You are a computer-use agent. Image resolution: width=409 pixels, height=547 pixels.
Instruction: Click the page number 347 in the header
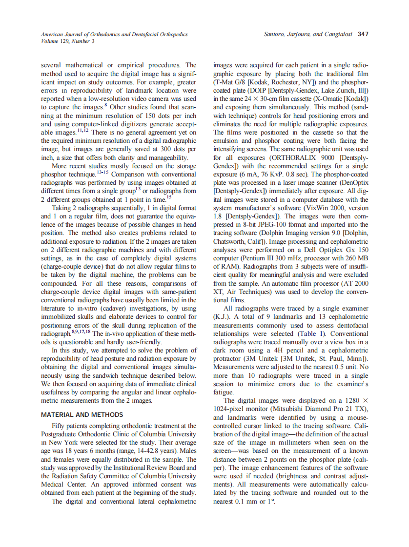[363, 34]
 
